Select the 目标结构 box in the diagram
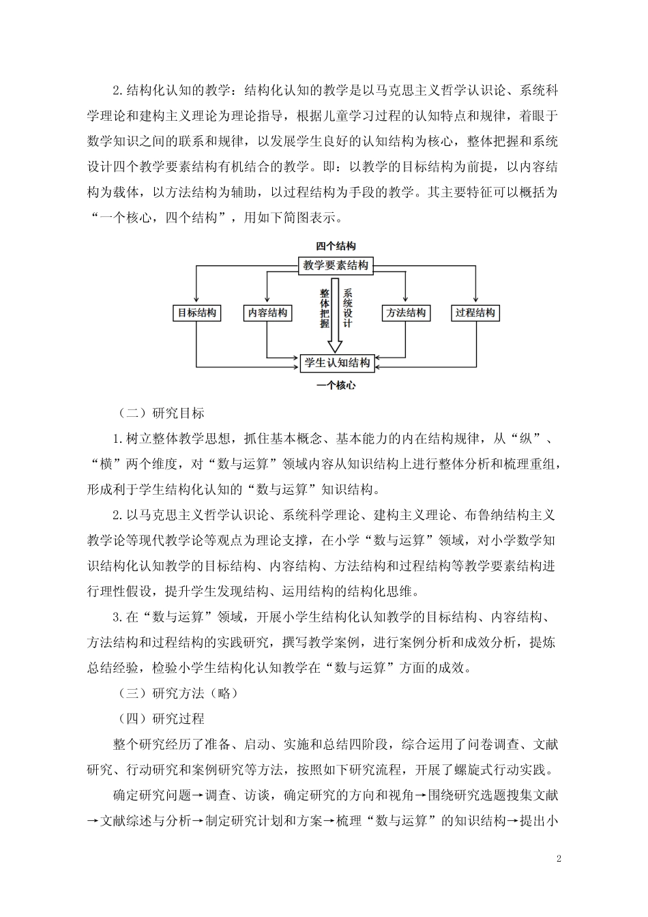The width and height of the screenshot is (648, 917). pyautogui.click(x=196, y=313)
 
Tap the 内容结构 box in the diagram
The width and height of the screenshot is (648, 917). pyautogui.click(x=267, y=313)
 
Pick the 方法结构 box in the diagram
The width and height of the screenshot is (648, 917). pyautogui.click(x=406, y=313)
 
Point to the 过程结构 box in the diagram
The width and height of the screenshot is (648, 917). pyautogui.click(x=475, y=313)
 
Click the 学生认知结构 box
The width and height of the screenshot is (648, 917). pyautogui.click(x=338, y=362)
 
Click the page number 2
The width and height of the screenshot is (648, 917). pyautogui.click(x=559, y=858)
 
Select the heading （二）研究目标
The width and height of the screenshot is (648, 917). pyautogui.click(x=161, y=413)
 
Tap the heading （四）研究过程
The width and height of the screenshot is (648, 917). pyautogui.click(x=161, y=718)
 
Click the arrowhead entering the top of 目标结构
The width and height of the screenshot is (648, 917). pyautogui.click(x=196, y=301)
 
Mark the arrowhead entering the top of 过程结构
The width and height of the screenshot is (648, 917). pyautogui.click(x=475, y=301)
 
